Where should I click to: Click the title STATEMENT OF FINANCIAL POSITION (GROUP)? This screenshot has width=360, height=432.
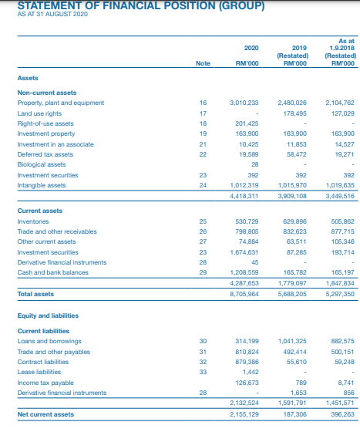click(x=141, y=6)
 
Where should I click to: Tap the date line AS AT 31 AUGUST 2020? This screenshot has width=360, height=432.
click(x=52, y=15)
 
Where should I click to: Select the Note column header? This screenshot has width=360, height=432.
click(x=203, y=63)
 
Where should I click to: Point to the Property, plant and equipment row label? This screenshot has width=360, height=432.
click(x=61, y=102)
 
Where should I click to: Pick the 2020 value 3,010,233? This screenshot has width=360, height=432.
click(x=244, y=102)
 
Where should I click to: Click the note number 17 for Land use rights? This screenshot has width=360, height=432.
click(x=203, y=112)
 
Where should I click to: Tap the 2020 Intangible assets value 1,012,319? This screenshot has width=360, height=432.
click(x=244, y=184)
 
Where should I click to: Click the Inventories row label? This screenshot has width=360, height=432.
click(x=35, y=221)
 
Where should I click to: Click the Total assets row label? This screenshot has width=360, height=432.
click(x=36, y=294)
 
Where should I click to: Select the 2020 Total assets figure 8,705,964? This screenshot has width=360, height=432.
click(x=244, y=294)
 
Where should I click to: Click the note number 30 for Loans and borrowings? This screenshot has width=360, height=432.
click(x=203, y=341)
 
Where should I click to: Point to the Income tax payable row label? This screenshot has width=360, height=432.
click(x=47, y=383)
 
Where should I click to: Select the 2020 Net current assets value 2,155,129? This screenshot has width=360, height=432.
click(x=244, y=414)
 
